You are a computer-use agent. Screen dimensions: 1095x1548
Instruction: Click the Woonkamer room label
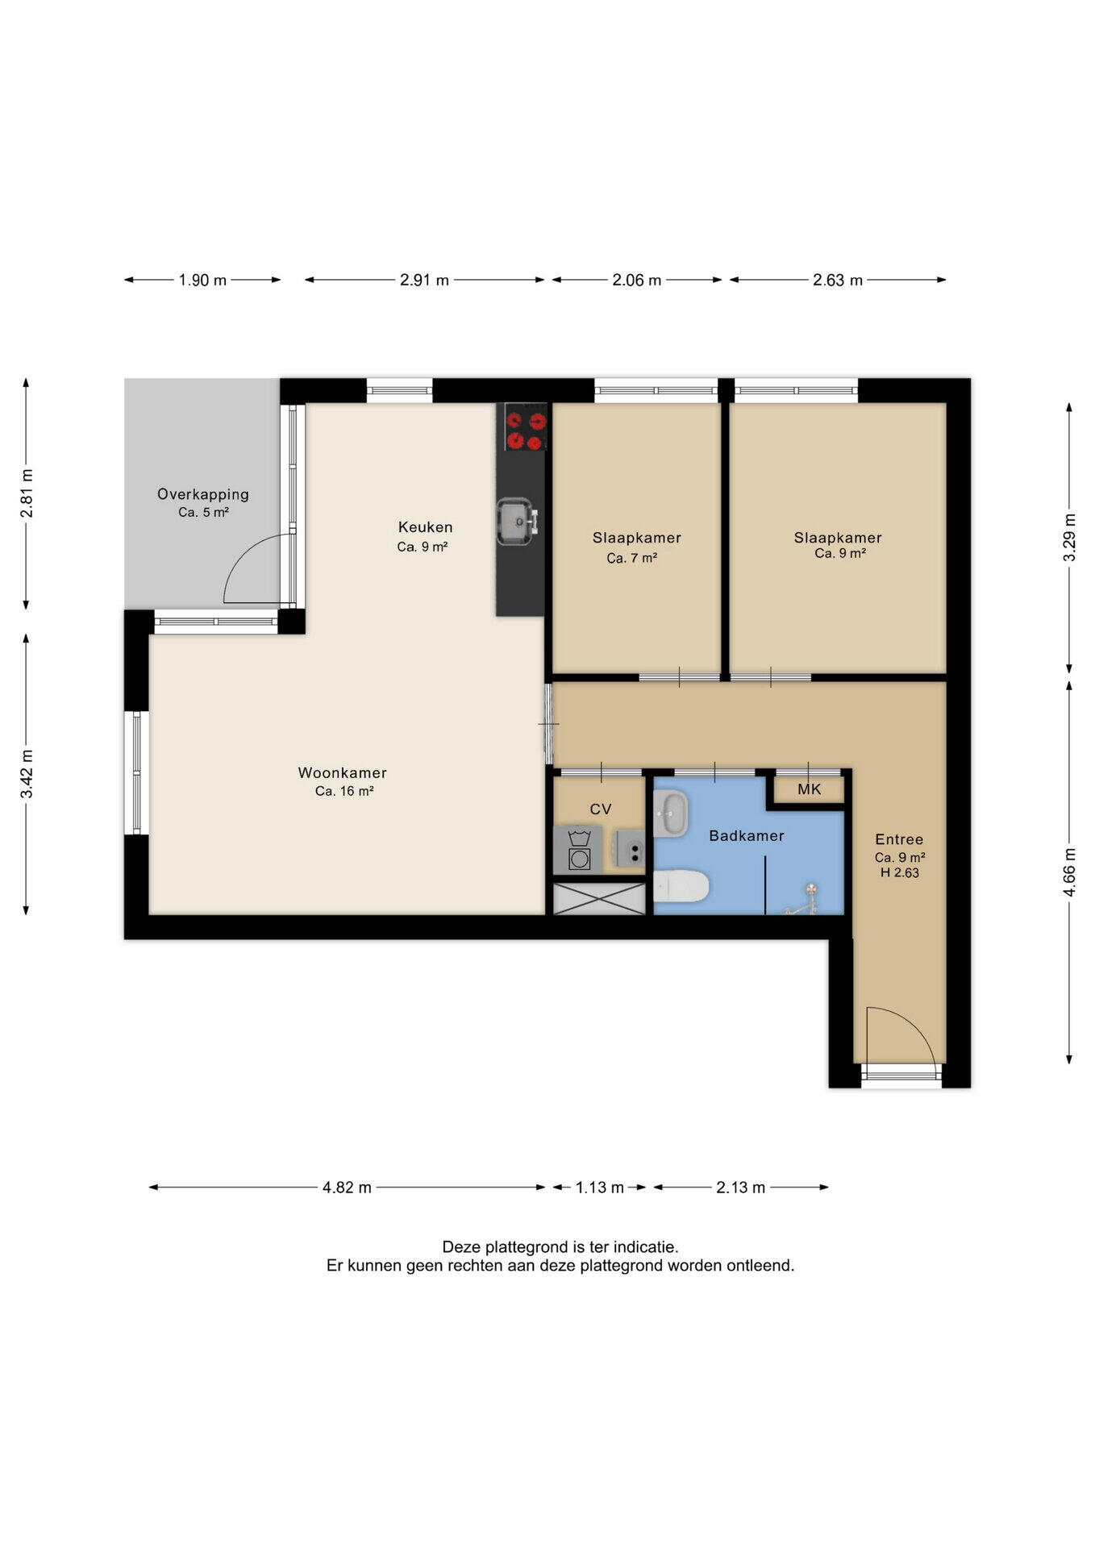pyautogui.click(x=342, y=772)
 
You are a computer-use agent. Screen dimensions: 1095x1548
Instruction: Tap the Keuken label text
pyautogui.click(x=425, y=527)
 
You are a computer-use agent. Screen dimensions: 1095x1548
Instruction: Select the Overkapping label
pyautogui.click(x=203, y=495)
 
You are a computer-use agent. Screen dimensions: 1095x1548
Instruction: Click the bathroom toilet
pyautogui.click(x=681, y=888)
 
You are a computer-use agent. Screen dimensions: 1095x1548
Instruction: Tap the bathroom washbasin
pyautogui.click(x=670, y=814)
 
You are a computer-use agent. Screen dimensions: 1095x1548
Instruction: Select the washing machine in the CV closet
pyautogui.click(x=578, y=851)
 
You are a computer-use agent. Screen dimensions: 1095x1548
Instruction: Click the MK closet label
pyautogui.click(x=809, y=789)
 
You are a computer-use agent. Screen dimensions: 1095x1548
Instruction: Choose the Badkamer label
pyautogui.click(x=746, y=836)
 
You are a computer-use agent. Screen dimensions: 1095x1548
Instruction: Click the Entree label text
pyautogui.click(x=899, y=839)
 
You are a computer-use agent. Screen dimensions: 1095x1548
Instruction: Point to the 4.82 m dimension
pyautogui.click(x=347, y=1188)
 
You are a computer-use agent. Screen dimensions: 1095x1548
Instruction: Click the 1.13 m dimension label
pyautogui.click(x=599, y=1188)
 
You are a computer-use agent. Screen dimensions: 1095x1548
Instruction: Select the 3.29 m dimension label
pyautogui.click(x=1069, y=538)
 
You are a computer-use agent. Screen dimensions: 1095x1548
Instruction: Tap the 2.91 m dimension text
pyautogui.click(x=424, y=281)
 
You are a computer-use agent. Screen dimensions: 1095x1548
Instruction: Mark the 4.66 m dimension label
pyautogui.click(x=1069, y=871)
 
